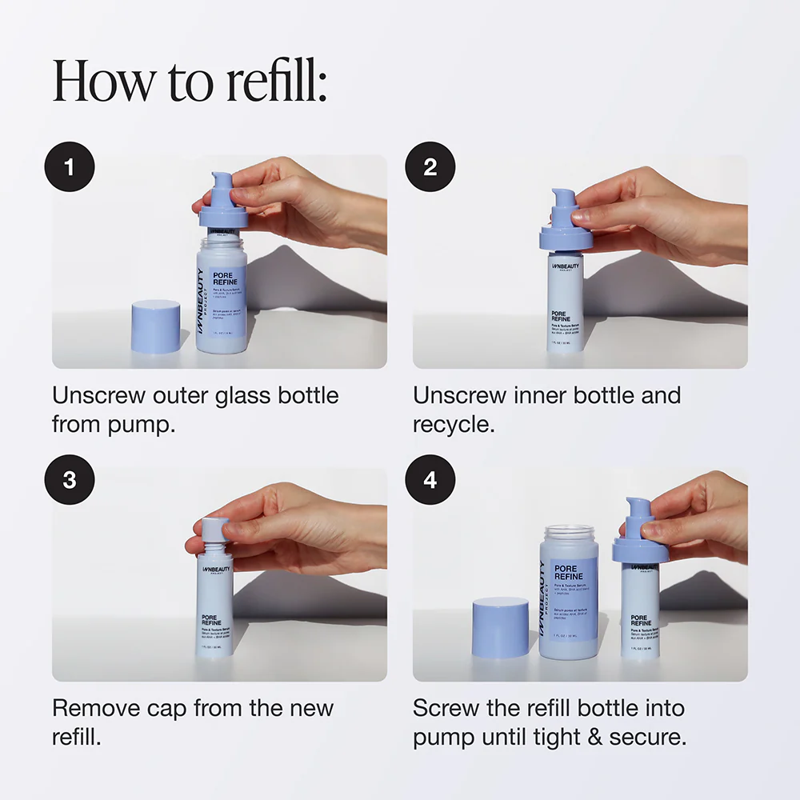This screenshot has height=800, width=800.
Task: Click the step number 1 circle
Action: coord(69,167)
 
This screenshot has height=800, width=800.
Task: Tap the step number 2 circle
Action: coord(430,167)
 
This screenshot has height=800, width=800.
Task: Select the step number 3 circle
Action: coord(69,480)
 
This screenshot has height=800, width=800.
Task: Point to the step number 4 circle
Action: coord(430,480)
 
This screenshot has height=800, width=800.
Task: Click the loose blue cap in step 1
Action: coord(155,326)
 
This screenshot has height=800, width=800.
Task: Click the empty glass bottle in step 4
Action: coord(569,592)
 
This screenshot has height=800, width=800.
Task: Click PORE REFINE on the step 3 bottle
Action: coord(213,622)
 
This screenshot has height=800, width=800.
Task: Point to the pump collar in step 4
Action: coord(640,550)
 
